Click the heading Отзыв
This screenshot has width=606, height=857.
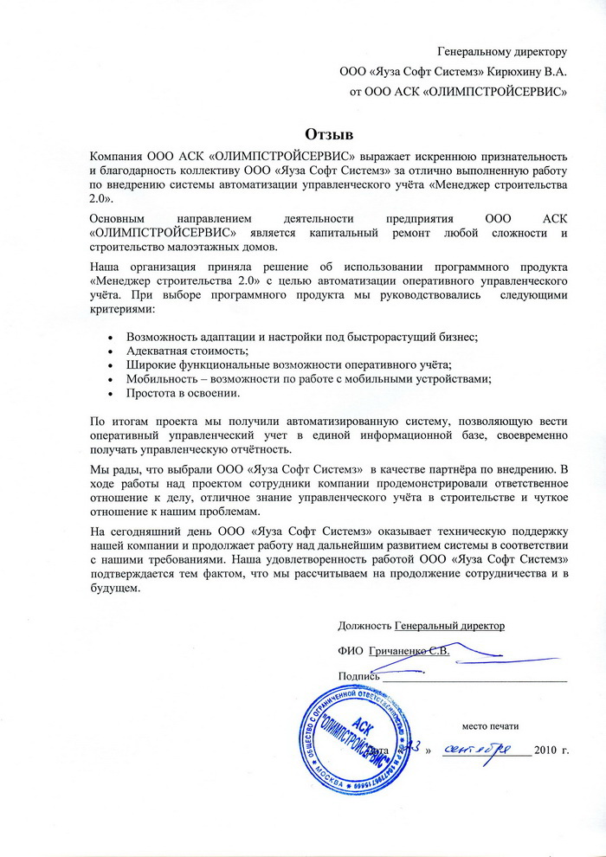pyautogui.click(x=329, y=133)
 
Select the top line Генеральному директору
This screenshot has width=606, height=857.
pyautogui.click(x=502, y=52)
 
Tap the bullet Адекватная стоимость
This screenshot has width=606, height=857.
pyautogui.click(x=187, y=351)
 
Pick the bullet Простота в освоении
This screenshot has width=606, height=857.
pyautogui.click(x=183, y=394)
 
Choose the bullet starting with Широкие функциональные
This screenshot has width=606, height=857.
pyautogui.click(x=289, y=365)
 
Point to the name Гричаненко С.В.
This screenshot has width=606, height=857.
pyautogui.click(x=409, y=650)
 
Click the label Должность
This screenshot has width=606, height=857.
pyautogui.click(x=364, y=624)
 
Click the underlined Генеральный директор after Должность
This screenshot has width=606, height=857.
pyautogui.click(x=449, y=624)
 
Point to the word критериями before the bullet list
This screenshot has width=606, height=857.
pyautogui.click(x=122, y=309)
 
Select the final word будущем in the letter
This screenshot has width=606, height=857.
pyautogui.click(x=114, y=590)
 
